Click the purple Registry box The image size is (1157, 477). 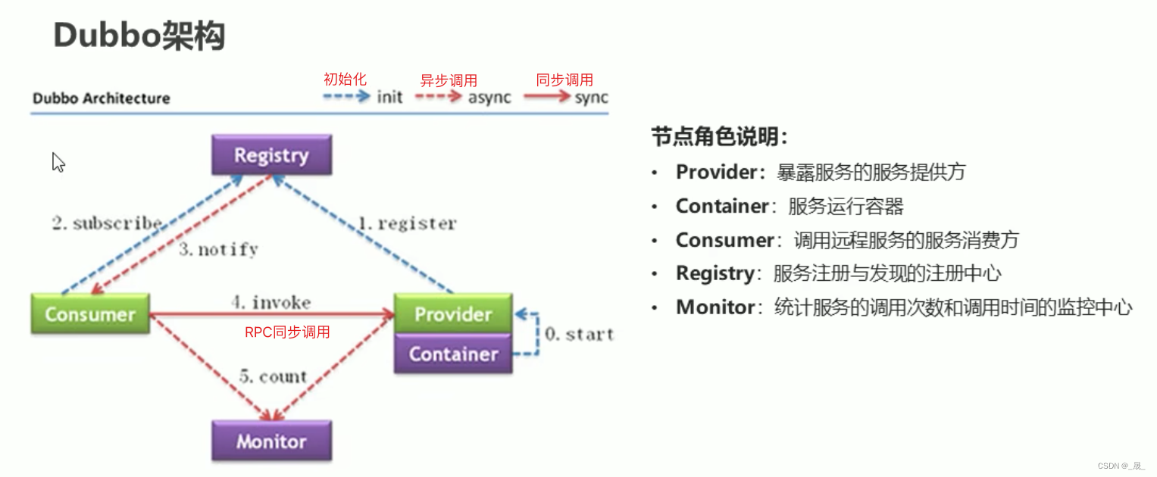pos(272,155)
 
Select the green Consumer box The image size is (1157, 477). pos(90,314)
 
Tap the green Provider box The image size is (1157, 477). pos(453,313)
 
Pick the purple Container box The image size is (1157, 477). pos(453,353)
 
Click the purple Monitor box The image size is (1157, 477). pos(272,441)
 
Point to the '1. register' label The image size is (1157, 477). pos(408,223)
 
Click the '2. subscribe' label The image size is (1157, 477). pos(107,223)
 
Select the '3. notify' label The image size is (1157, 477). pos(218,250)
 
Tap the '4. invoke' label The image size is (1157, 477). pos(271,302)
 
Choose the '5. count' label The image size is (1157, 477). pos(273,376)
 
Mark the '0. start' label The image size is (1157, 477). pos(580,334)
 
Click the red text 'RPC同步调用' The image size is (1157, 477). pos(287,332)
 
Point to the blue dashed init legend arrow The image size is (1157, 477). pos(346,96)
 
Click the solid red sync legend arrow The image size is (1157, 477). pos(547,96)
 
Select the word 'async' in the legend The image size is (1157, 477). pos(489,98)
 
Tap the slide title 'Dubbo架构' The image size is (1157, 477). pos(139,36)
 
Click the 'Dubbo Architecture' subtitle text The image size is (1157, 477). pos(102,98)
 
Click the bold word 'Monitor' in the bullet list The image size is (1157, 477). pos(715,307)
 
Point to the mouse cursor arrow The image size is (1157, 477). pos(58,162)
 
